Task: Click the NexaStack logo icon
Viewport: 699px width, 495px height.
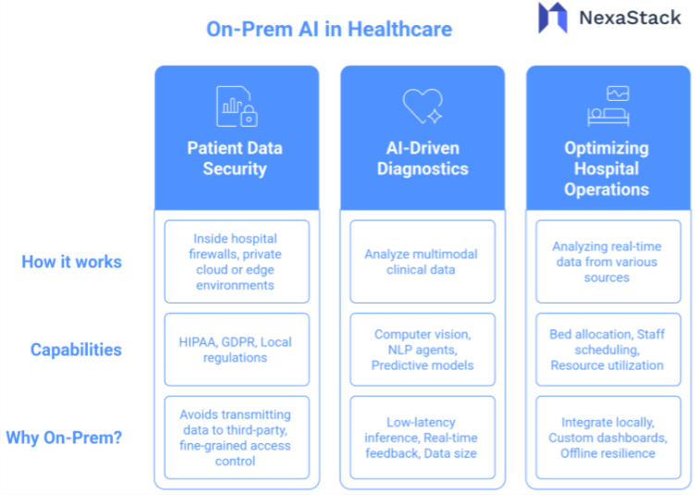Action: click(x=553, y=19)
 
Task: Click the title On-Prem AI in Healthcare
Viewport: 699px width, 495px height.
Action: click(x=329, y=29)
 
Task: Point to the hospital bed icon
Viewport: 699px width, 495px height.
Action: click(x=607, y=106)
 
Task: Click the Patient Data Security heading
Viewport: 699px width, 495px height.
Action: click(x=235, y=158)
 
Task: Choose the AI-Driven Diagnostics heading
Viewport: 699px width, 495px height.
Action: click(x=422, y=158)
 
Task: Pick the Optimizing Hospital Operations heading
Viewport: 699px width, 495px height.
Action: click(x=607, y=168)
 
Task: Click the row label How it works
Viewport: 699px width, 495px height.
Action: click(x=71, y=262)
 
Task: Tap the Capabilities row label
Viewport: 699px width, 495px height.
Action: click(x=76, y=350)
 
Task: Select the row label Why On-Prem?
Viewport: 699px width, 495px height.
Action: click(x=64, y=438)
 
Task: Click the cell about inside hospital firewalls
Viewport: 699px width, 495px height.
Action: click(x=236, y=262)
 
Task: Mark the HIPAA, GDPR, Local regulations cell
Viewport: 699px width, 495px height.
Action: click(x=236, y=349)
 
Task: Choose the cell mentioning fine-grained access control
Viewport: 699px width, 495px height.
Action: click(x=236, y=438)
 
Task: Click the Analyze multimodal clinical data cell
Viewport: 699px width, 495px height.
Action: click(x=422, y=262)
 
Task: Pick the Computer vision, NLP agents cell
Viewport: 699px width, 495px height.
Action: click(x=422, y=349)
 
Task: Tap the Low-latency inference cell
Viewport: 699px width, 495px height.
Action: click(x=422, y=438)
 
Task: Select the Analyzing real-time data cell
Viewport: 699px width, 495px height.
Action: click(x=607, y=262)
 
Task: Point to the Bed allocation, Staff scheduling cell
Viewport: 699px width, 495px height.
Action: click(x=607, y=349)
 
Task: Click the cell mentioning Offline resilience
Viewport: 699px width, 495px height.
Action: click(x=607, y=438)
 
